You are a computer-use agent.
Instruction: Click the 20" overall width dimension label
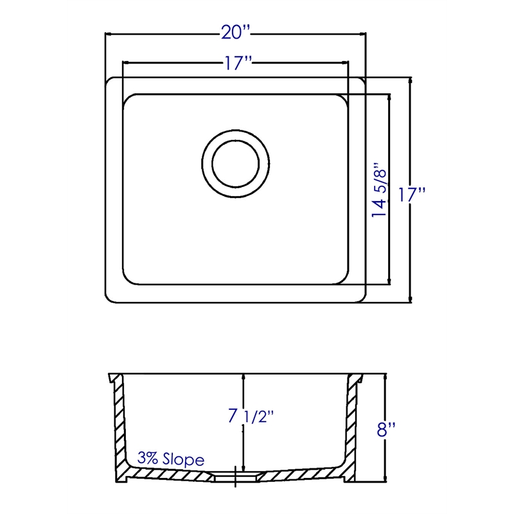click(x=235, y=33)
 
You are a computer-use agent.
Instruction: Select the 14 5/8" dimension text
click(x=380, y=189)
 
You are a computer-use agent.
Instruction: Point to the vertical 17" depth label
click(x=412, y=195)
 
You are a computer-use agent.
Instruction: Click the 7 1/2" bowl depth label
click(x=251, y=416)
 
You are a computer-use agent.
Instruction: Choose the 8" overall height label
click(x=386, y=429)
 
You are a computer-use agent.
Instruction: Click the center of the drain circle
click(x=235, y=164)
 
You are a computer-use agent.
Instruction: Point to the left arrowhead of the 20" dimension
click(x=109, y=34)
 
